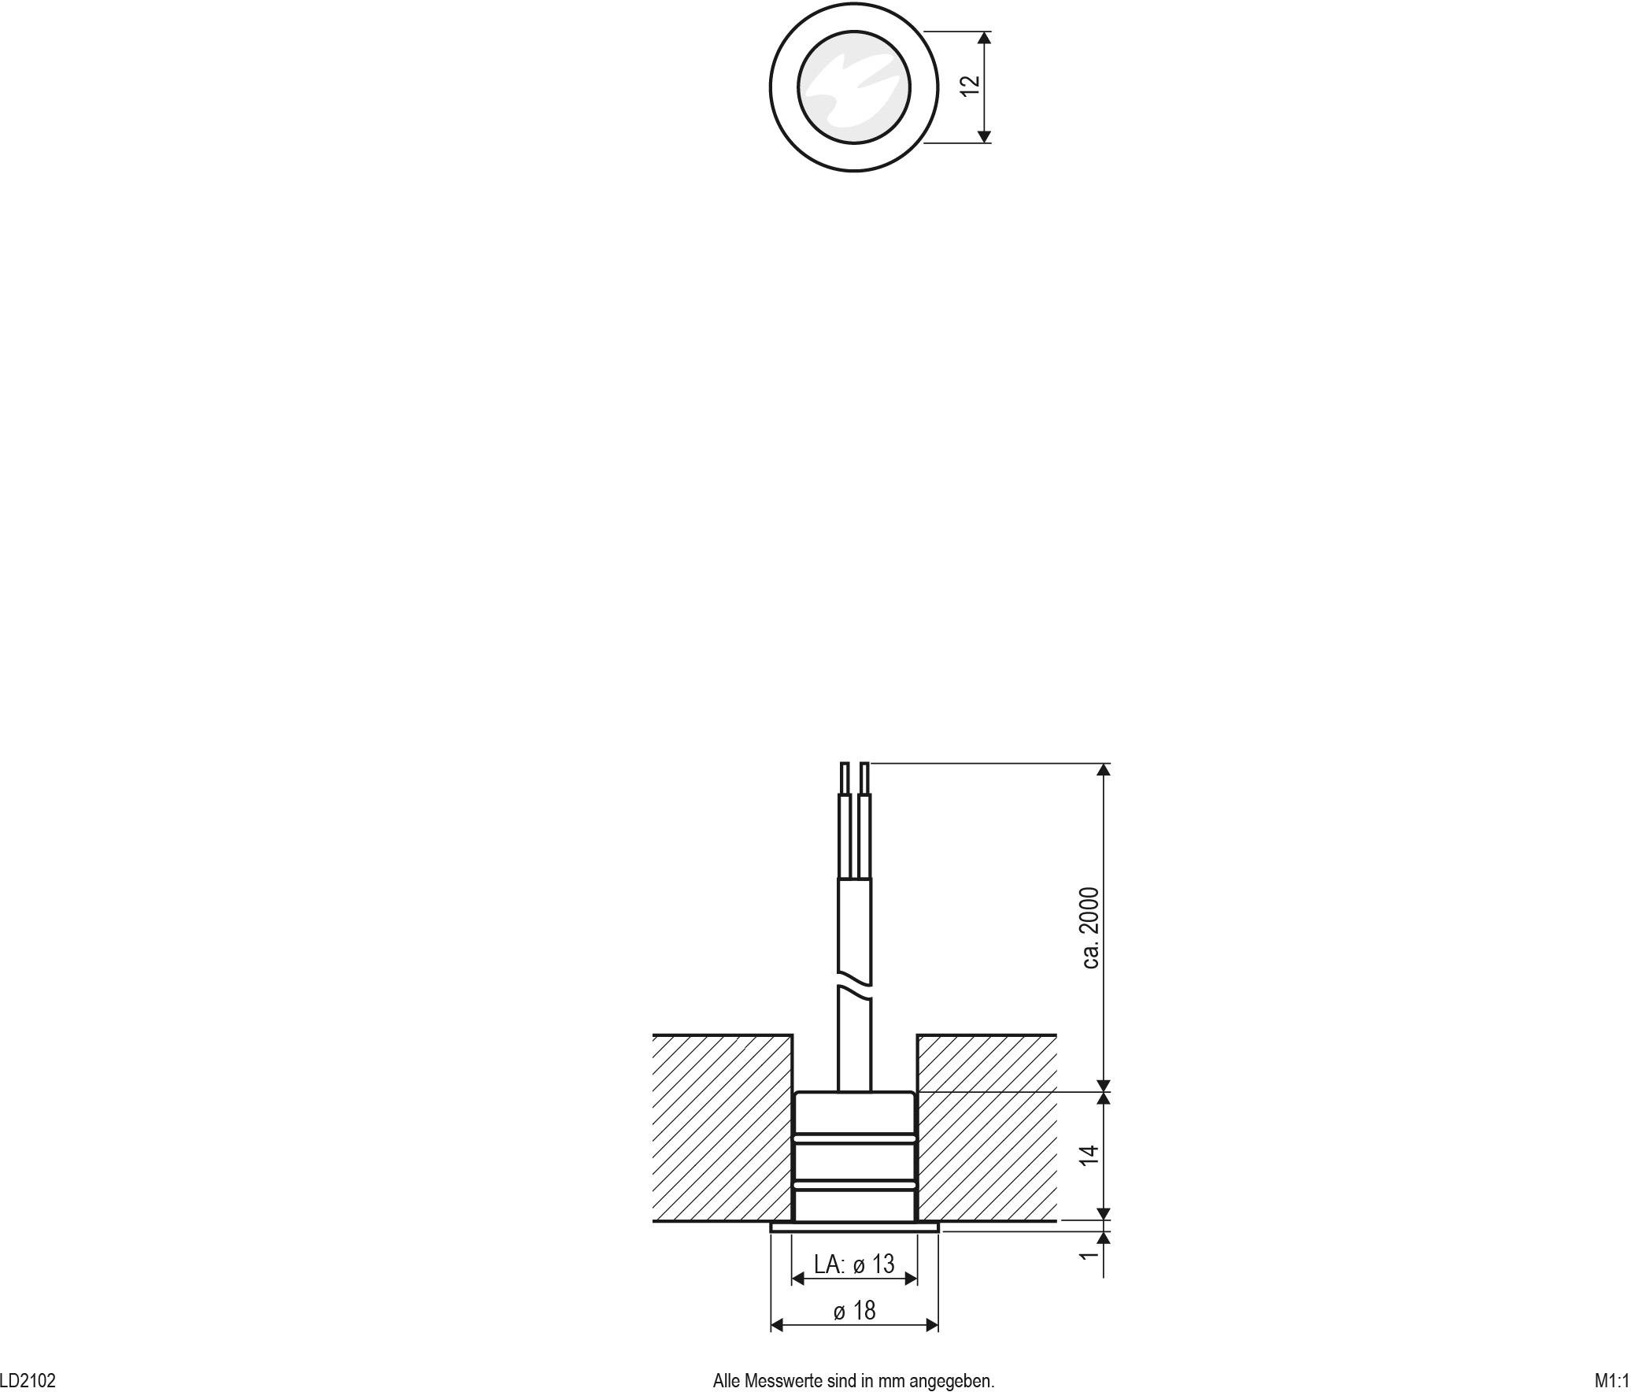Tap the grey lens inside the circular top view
click(853, 87)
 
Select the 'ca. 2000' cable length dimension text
click(1091, 927)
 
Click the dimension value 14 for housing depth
click(1089, 1155)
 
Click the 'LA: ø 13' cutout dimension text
click(854, 1264)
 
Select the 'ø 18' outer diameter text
click(854, 1310)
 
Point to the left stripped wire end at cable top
click(845, 778)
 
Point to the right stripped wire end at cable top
click(864, 778)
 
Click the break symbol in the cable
click(854, 993)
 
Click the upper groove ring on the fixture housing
click(854, 1138)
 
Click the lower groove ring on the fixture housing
click(854, 1184)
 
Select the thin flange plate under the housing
click(854, 1227)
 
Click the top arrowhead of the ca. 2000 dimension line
click(1104, 769)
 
